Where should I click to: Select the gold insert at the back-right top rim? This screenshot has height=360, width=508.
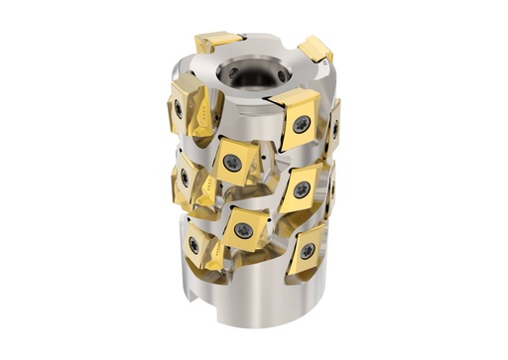click(315, 48)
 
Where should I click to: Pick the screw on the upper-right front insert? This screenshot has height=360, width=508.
click(300, 124)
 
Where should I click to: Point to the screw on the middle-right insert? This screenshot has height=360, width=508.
click(301, 187)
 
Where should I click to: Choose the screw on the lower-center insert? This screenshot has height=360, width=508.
click(241, 230)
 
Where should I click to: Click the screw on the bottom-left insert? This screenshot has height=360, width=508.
click(193, 244)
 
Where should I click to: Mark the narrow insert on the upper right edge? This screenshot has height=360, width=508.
click(334, 126)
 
